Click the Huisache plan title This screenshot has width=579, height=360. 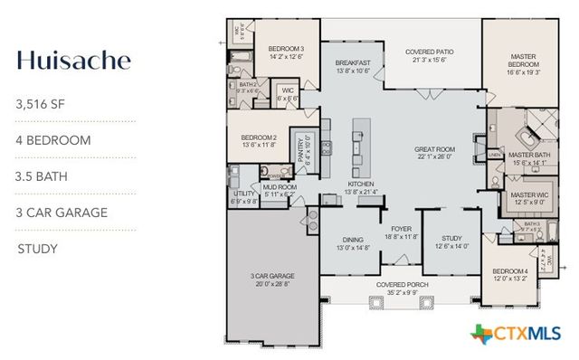coord(73,60)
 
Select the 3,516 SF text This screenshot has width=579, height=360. coord(41,104)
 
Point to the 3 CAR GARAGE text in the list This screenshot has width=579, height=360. coord(62,213)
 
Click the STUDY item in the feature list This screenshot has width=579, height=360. coord(38,249)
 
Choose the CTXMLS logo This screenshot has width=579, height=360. coord(516,334)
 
